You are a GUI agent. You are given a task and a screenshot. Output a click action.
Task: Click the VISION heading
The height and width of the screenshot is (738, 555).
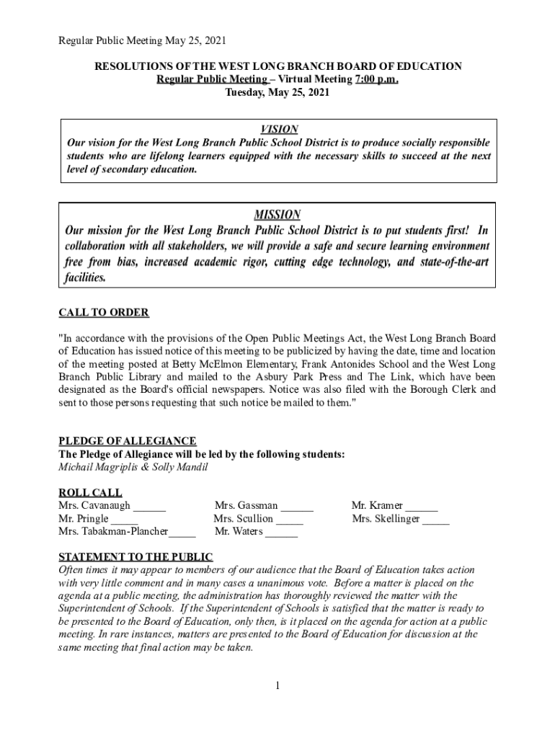[x=279, y=130]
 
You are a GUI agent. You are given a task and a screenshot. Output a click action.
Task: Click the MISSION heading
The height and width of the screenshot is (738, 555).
[x=277, y=215]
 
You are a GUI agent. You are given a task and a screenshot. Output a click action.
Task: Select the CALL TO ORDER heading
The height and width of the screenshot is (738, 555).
[x=104, y=313]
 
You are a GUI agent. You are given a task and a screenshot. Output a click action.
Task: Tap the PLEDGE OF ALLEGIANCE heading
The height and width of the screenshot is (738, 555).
[x=128, y=441]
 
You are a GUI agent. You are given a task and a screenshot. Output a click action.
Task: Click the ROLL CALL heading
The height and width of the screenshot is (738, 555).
[x=89, y=492]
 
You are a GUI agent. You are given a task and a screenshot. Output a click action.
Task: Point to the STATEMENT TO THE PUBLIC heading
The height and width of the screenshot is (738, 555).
[x=136, y=557]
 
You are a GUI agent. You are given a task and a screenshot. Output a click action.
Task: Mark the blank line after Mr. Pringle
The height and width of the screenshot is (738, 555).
[x=125, y=519]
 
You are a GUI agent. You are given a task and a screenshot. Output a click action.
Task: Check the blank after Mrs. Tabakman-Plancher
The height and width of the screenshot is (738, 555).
[x=183, y=533]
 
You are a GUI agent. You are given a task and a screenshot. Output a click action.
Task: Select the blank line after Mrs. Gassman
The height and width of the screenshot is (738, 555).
[x=297, y=506]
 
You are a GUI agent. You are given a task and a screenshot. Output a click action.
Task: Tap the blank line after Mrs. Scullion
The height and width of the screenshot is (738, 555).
[x=290, y=519]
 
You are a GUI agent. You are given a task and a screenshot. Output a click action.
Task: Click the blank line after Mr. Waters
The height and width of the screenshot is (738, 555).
[x=282, y=533]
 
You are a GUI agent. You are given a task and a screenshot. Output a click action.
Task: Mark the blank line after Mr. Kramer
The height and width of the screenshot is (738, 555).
[x=422, y=506]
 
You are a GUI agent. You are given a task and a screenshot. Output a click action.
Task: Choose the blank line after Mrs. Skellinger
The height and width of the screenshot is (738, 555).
[x=436, y=519]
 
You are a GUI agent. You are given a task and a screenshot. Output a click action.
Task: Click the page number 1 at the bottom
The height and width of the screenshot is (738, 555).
[x=277, y=685]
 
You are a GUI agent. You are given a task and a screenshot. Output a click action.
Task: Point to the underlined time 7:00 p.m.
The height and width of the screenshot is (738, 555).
[x=376, y=79]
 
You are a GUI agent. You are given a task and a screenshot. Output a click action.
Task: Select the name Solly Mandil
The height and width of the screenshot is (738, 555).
[x=182, y=467]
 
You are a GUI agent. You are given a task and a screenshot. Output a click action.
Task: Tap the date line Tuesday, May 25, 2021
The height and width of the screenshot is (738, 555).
[x=277, y=92]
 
